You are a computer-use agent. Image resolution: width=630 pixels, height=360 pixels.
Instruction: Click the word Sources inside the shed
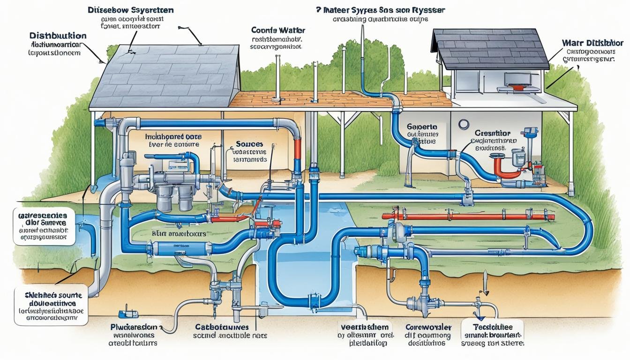[x=250, y=144]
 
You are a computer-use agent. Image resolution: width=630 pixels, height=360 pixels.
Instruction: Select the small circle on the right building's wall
[x=464, y=124]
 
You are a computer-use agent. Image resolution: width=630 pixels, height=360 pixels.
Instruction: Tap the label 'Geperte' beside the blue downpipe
[x=422, y=127]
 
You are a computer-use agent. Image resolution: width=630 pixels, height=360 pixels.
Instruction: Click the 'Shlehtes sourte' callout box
[x=51, y=304]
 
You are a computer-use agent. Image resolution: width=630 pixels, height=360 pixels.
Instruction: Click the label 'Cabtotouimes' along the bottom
[x=222, y=327]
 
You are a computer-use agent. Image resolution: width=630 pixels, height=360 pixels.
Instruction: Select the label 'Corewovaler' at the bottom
[x=427, y=327]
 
